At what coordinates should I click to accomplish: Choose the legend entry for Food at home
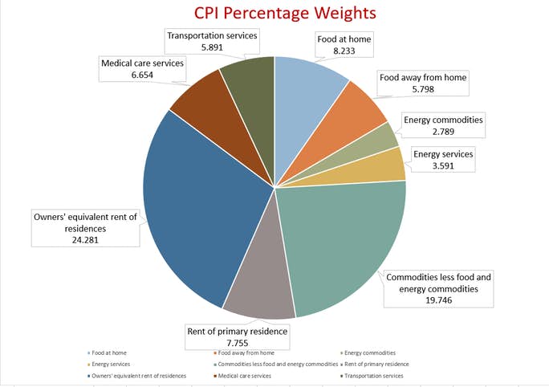click(x=108, y=353)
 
